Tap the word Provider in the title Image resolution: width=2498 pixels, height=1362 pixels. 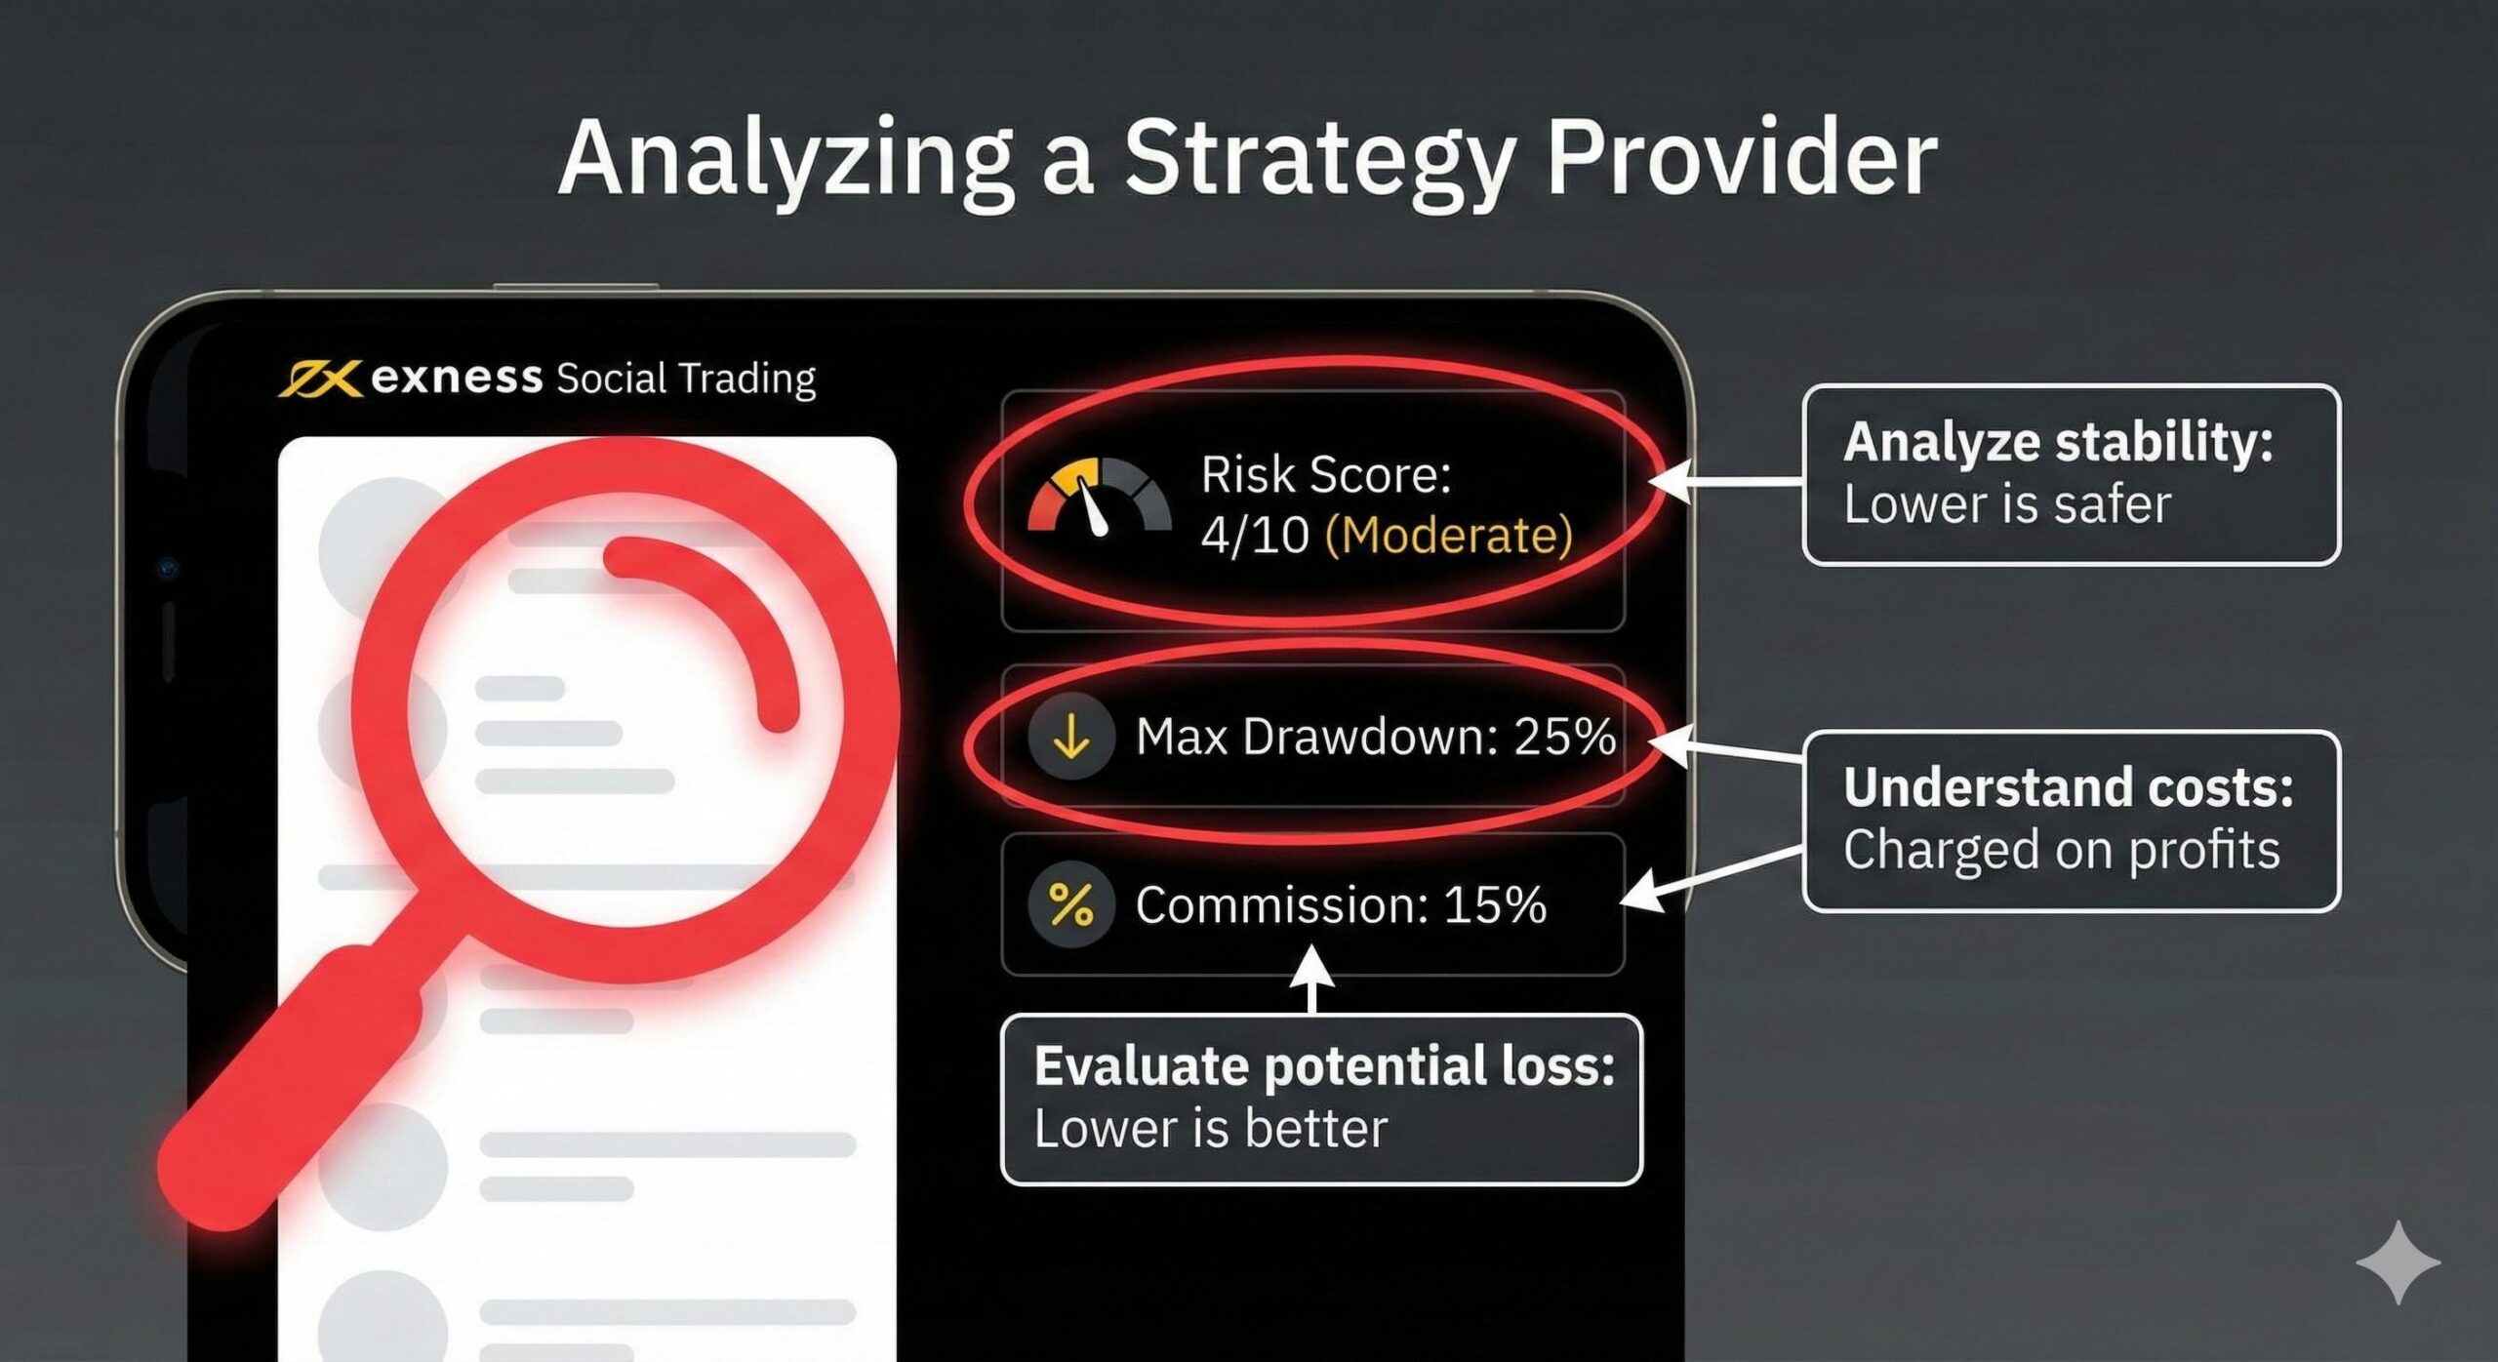tap(1741, 159)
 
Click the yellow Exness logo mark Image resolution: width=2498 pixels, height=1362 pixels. tap(319, 378)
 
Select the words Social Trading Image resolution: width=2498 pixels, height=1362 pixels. tap(685, 379)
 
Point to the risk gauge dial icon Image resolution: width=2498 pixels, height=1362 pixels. tap(1099, 498)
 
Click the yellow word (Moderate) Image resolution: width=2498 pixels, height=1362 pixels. tap(1448, 535)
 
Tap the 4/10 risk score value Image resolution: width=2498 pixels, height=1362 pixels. tap(1255, 535)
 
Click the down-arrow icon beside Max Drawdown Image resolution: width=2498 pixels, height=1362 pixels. tap(1071, 737)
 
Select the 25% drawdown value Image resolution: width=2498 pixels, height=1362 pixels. tap(1564, 737)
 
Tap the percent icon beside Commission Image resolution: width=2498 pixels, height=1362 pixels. tap(1071, 904)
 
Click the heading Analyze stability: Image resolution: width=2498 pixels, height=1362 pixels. tap(2058, 442)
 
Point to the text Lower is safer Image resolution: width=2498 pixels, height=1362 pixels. tap(2006, 504)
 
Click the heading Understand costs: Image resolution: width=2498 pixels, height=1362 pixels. tap(2068, 787)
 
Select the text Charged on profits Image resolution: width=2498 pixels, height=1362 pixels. tap(2061, 850)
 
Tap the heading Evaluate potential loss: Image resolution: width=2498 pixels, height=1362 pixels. tap(1324, 1065)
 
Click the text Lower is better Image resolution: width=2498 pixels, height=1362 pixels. tap(1210, 1129)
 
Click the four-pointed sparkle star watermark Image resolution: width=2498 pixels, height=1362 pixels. tap(2397, 1262)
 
